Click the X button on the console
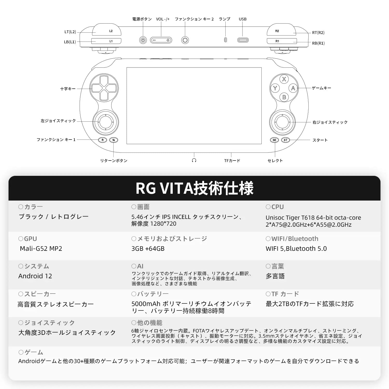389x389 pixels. (x=284, y=79)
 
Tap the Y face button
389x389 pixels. (x=275, y=88)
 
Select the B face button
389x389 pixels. (x=284, y=97)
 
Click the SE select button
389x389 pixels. (x=274, y=140)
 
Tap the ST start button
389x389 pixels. (x=286, y=140)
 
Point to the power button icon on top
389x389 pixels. (x=143, y=40)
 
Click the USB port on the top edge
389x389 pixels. (x=243, y=40)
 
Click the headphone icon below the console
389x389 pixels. (x=194, y=161)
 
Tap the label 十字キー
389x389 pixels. (x=68, y=89)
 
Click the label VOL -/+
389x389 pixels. (x=163, y=19)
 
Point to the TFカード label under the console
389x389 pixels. (x=232, y=161)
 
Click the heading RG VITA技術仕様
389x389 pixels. (x=195, y=188)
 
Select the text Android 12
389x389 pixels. (x=35, y=276)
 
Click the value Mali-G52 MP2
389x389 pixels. (x=41, y=248)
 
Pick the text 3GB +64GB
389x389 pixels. (x=148, y=248)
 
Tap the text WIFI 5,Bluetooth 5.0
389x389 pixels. (x=296, y=248)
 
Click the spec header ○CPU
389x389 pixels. (x=275, y=207)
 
